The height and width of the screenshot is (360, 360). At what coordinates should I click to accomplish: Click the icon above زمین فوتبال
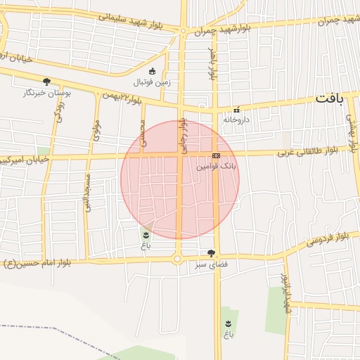[153, 70]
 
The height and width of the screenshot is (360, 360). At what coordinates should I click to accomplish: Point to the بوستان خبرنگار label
[44, 93]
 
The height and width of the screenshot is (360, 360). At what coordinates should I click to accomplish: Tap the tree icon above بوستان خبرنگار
[46, 82]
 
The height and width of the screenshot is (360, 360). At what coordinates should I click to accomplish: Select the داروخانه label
[236, 120]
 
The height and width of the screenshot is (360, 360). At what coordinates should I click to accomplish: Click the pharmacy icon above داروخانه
[236, 110]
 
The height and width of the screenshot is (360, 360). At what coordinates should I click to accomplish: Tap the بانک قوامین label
[216, 167]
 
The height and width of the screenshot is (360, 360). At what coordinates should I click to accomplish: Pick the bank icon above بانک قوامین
[216, 156]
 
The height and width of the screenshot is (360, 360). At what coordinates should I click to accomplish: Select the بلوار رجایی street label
[183, 133]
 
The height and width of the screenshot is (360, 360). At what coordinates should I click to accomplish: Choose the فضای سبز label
[211, 264]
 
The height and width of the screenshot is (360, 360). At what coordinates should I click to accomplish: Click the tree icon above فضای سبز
[211, 253]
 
